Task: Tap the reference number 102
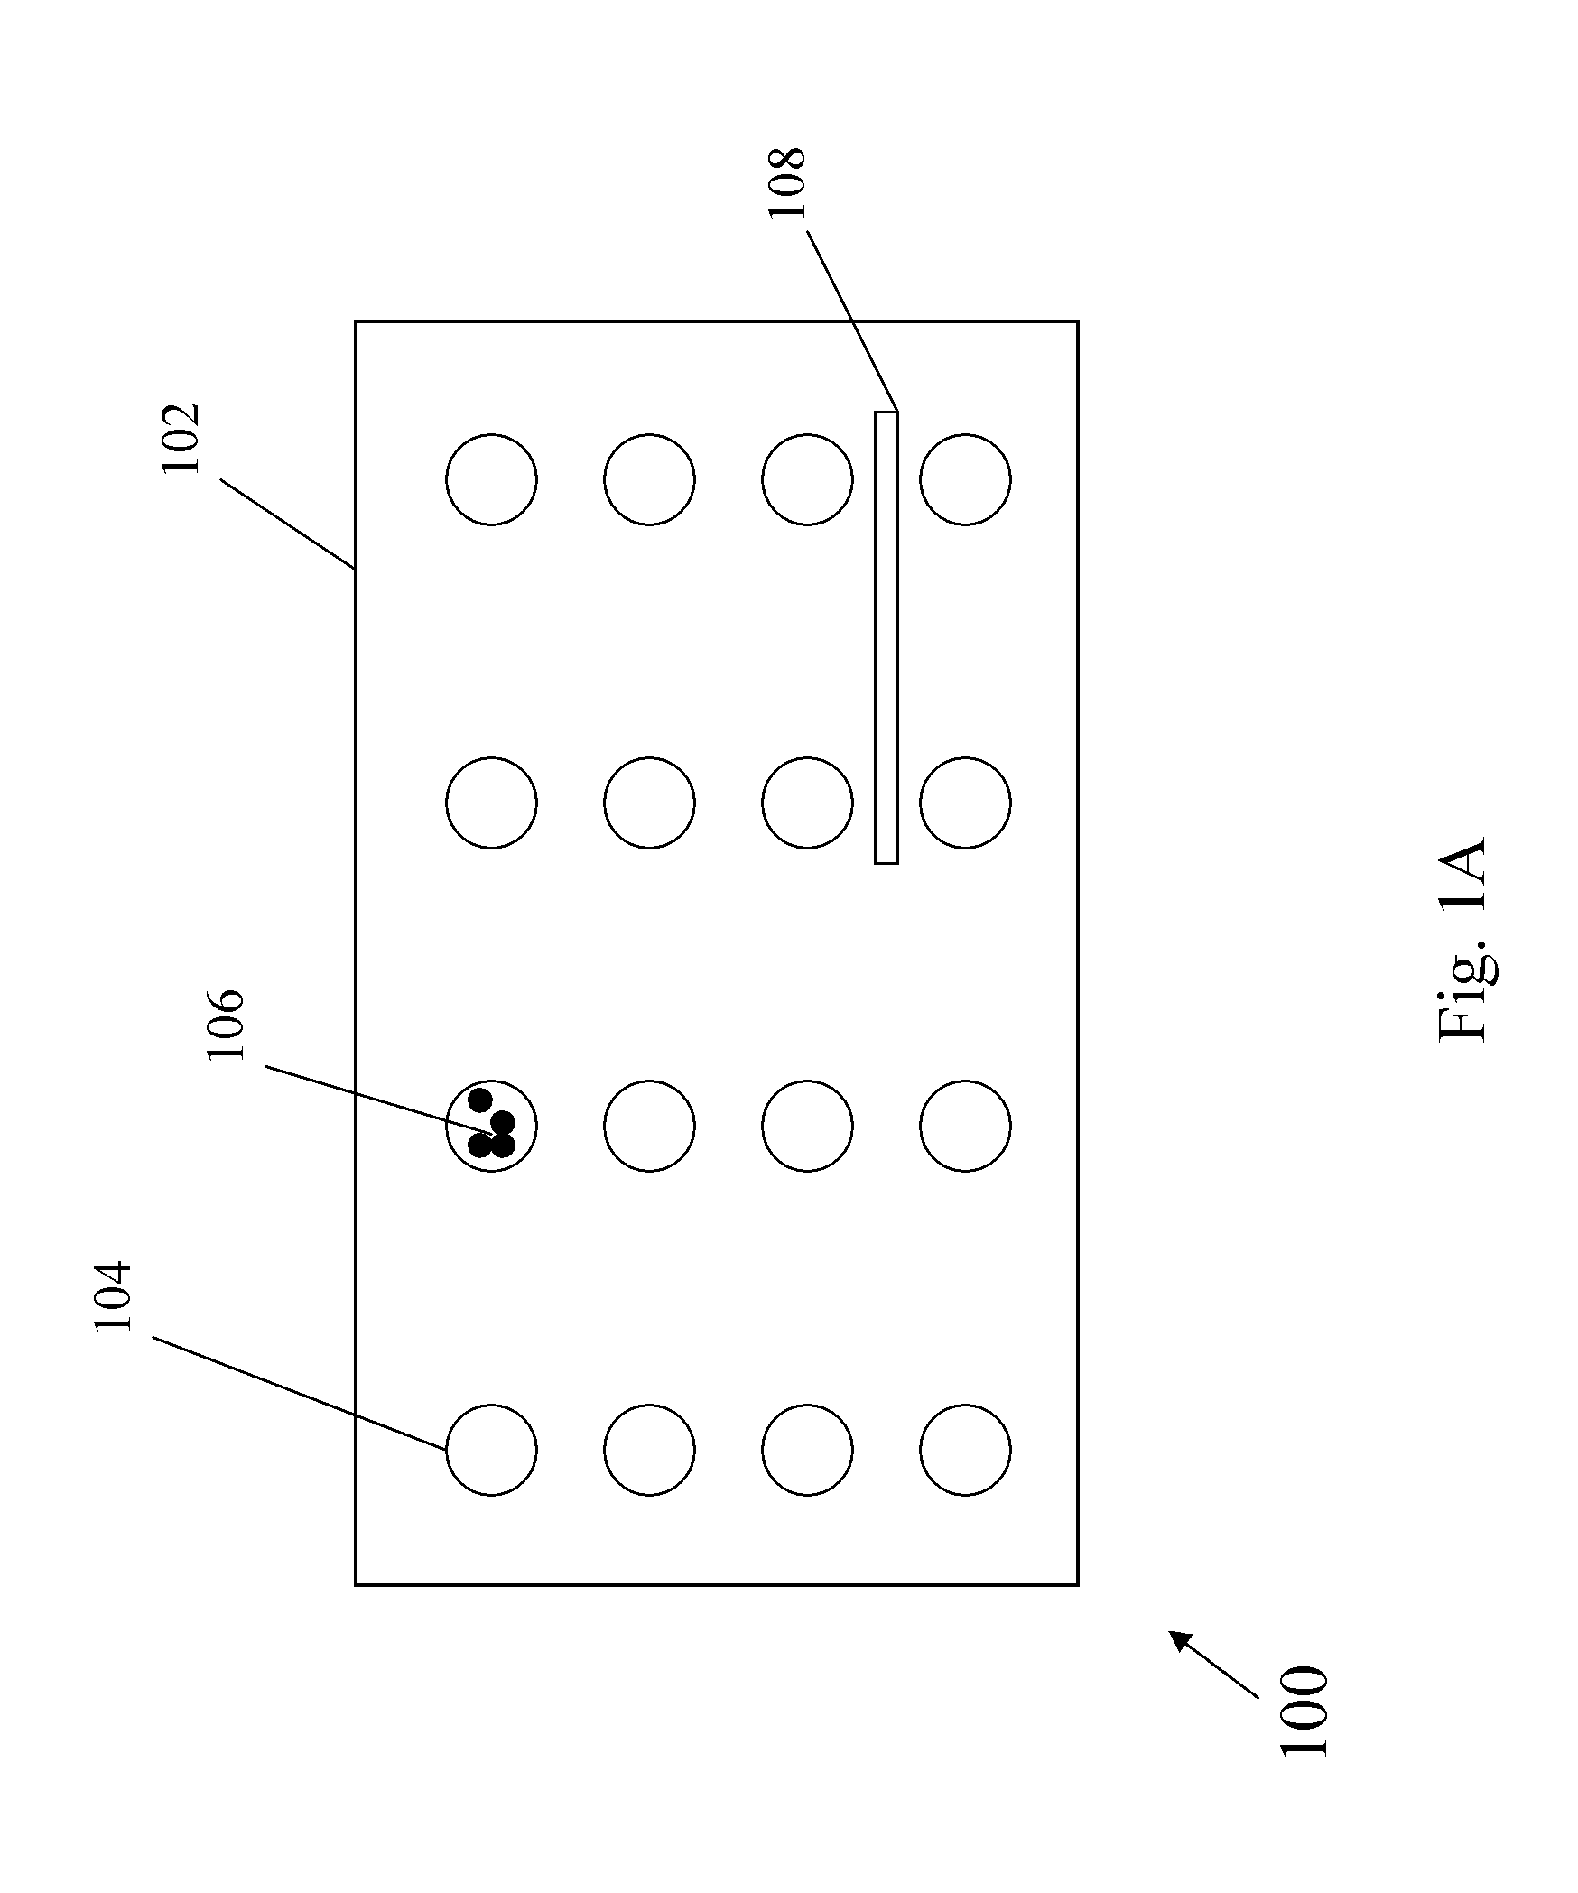coord(180,440)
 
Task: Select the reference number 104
coord(114,1295)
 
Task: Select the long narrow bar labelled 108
coord(886,637)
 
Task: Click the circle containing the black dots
coord(491,1126)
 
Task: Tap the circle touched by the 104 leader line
coord(491,1450)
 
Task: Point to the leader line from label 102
coord(287,524)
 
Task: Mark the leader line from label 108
coord(851,320)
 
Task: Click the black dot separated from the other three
coord(480,1100)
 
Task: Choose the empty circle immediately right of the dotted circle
coord(649,1126)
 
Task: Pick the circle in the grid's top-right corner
coord(965,478)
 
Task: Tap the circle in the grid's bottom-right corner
coord(965,1450)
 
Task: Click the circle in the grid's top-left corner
coord(491,478)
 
